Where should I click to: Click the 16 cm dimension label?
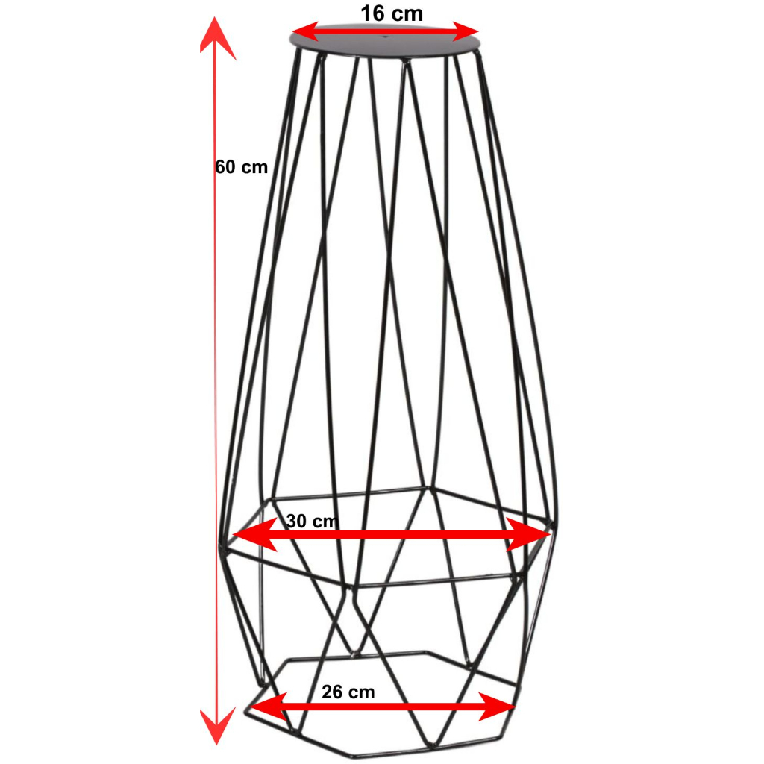pos(391,13)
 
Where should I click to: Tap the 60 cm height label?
pos(241,167)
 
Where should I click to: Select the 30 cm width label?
pos(312,521)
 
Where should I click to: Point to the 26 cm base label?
pos(348,692)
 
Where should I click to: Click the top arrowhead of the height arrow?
pos(217,37)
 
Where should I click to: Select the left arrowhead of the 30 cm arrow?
pos(250,535)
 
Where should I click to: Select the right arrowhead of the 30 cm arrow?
pos(533,535)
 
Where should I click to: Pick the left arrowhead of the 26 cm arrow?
pos(265,706)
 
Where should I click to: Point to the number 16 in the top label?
pos(373,13)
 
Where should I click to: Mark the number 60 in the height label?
pos(226,167)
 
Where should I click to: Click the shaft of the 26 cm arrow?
pos(381,706)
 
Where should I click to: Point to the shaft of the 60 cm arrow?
pos(217,373)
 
